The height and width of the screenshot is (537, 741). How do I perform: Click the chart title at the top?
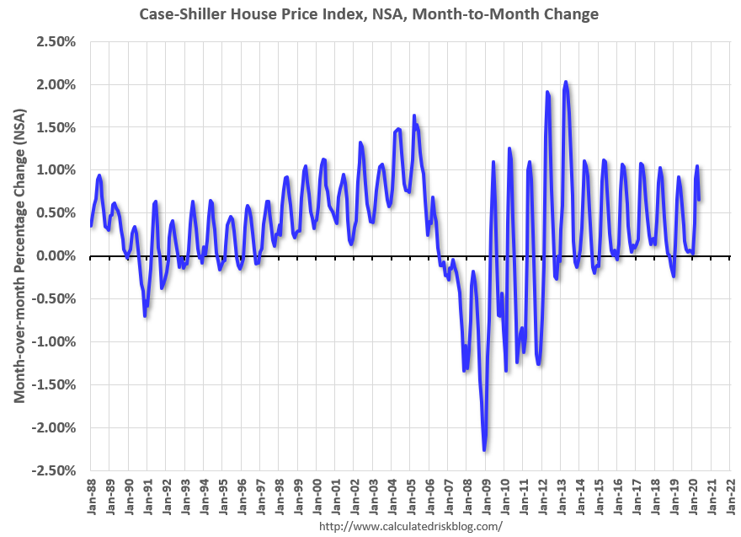point(370,13)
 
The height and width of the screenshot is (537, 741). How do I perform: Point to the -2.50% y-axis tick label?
point(56,470)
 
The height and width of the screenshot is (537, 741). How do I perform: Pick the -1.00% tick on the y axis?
point(56,341)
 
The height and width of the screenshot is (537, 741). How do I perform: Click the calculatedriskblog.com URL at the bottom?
point(410,526)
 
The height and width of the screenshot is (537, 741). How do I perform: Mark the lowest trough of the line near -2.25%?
point(484,449)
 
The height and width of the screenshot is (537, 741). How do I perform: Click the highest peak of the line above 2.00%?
point(566,82)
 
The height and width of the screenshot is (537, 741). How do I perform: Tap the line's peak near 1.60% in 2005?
point(414,116)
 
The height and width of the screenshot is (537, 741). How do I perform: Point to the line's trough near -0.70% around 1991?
point(145,315)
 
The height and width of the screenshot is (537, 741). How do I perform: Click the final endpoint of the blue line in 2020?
point(699,199)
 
